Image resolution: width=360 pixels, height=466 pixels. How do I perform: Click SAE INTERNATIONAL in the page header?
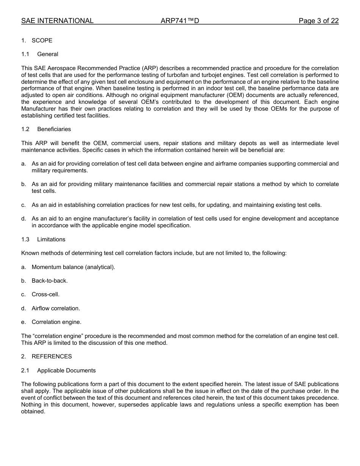(x=57, y=21)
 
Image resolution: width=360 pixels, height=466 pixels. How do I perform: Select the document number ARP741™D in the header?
(x=180, y=21)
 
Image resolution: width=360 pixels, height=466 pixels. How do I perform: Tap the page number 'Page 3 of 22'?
(x=318, y=21)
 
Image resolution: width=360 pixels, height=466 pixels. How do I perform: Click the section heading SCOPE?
(x=42, y=41)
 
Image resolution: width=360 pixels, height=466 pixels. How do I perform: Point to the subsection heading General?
(x=48, y=54)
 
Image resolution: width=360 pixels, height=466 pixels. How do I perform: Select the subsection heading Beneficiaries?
(x=54, y=129)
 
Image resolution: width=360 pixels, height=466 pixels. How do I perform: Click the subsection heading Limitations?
(x=51, y=239)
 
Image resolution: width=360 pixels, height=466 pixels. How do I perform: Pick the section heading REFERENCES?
(x=52, y=357)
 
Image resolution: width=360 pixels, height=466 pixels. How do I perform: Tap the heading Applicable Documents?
(x=66, y=371)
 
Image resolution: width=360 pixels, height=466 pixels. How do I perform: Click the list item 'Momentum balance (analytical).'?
(x=73, y=267)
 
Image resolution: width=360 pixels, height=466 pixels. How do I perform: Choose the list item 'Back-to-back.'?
(x=50, y=281)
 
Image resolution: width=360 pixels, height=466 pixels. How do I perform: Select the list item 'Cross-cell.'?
(x=45, y=294)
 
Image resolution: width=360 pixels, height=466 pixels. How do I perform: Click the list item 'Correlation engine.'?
(x=56, y=322)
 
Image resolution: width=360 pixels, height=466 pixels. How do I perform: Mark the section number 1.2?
(x=25, y=129)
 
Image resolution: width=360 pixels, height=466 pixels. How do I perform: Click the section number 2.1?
(x=25, y=371)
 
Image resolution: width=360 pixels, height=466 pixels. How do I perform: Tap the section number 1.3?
(x=25, y=239)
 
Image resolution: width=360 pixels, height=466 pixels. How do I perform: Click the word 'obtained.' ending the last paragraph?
(x=33, y=412)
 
